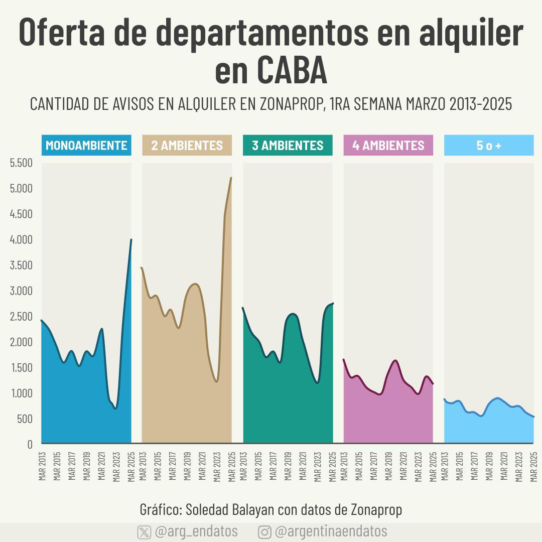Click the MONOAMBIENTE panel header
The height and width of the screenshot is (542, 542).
(86, 146)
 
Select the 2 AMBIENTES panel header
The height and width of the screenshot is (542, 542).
(187, 146)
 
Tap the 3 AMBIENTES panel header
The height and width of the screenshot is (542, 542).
(288, 146)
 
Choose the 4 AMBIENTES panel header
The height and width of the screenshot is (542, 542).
(388, 146)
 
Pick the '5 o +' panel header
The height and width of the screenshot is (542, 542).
(489, 146)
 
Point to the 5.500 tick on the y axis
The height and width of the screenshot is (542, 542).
(21, 163)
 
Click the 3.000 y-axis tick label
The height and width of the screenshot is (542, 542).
(21, 291)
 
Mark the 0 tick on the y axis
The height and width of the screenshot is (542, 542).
(30, 444)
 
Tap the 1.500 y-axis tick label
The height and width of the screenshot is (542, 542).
(21, 367)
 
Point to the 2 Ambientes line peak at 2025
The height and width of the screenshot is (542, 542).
(231, 178)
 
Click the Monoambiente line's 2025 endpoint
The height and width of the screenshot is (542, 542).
(131, 240)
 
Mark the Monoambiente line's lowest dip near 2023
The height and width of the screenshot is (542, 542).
(115, 408)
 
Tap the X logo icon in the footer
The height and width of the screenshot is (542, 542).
(144, 532)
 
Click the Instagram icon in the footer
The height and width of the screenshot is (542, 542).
(264, 532)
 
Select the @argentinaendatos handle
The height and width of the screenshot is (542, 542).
(331, 531)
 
